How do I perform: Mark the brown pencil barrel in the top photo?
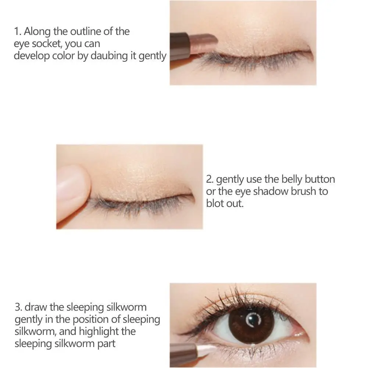pyautogui.click(x=180, y=46)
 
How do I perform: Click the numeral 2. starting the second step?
pyautogui.click(x=210, y=179)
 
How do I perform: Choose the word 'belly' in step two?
pyautogui.click(x=293, y=179)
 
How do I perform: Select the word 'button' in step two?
pyautogui.click(x=321, y=179)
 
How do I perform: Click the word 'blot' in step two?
pyautogui.click(x=214, y=203)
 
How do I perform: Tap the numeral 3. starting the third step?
pyautogui.click(x=18, y=307)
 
